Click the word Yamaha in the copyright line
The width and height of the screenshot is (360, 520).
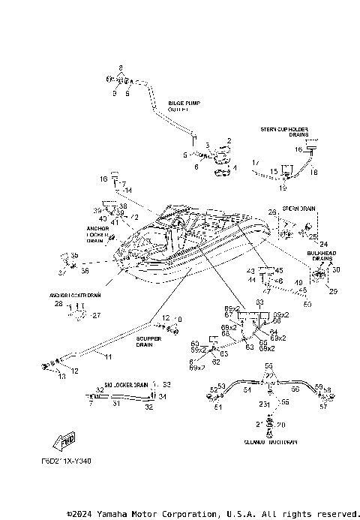click(x=112, y=514)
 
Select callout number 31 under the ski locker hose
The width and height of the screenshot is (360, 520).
click(x=115, y=403)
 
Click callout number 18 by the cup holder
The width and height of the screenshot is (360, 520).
click(x=314, y=173)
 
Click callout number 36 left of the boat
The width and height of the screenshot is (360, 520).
click(x=85, y=271)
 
